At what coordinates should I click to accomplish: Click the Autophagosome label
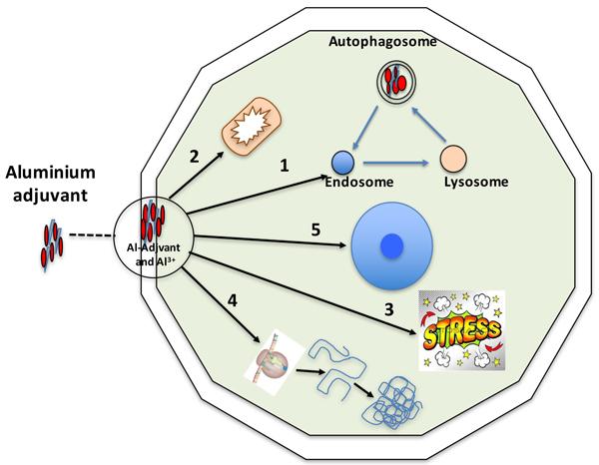[382, 41]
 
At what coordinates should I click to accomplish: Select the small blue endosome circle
[343, 163]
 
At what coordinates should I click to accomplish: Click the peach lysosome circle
[453, 158]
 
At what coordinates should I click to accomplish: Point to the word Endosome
[359, 182]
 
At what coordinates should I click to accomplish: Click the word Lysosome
[476, 182]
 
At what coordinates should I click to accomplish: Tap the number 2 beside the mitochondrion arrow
[195, 156]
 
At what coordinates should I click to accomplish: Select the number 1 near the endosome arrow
[285, 166]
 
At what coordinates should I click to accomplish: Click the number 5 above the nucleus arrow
[315, 230]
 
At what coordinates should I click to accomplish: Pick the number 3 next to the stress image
[389, 309]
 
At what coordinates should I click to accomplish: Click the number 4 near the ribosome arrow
[233, 300]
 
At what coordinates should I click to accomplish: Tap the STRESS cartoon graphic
[462, 330]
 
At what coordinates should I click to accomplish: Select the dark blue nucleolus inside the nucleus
[392, 246]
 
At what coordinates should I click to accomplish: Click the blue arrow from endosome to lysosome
[395, 163]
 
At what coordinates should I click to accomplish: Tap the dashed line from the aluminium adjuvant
[92, 235]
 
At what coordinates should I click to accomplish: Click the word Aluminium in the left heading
[51, 173]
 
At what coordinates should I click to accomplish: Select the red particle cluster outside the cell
[52, 244]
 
